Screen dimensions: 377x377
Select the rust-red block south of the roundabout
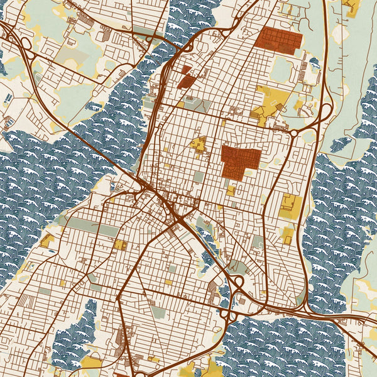[241, 160]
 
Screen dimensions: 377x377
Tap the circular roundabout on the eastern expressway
[293, 133]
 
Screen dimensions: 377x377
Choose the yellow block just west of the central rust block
[199, 145]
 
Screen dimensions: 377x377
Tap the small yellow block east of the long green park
[119, 244]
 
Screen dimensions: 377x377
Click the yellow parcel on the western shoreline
[47, 241]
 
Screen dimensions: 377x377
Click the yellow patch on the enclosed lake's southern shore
[92, 363]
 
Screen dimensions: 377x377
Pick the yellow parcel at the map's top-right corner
[352, 8]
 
